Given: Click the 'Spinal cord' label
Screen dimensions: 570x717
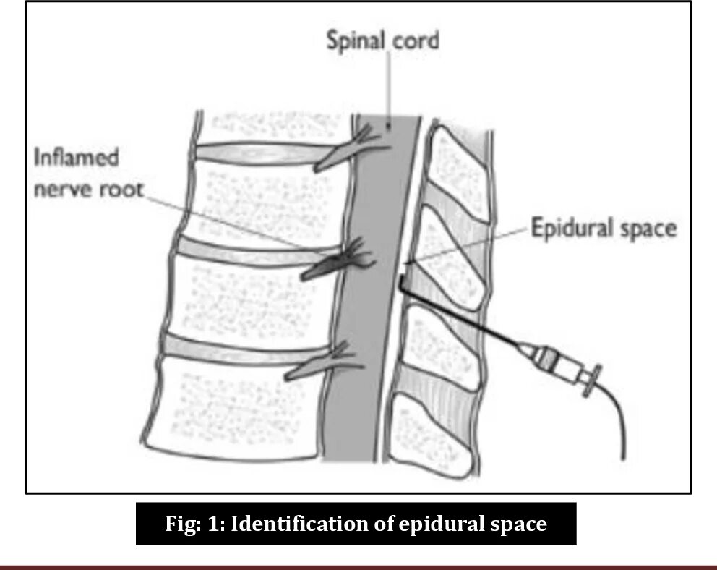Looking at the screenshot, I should pos(382,40).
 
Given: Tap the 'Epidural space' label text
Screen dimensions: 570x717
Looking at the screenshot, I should pos(604,229).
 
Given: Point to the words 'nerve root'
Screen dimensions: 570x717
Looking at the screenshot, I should pos(88,190).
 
